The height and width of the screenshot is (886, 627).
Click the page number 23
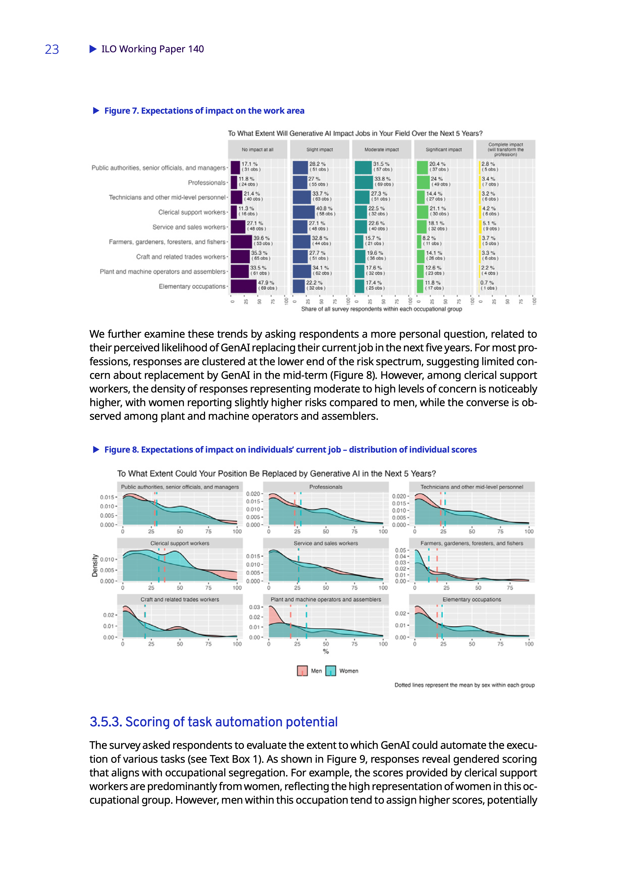[52, 50]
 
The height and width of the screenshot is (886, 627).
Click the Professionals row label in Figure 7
[206, 183]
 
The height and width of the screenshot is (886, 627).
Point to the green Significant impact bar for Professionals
[423, 182]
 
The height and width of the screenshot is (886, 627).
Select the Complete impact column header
[505, 149]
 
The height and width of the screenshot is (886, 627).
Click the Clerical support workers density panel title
[180, 543]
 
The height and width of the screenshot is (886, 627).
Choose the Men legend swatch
[302, 671]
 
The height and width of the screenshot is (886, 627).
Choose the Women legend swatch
[331, 671]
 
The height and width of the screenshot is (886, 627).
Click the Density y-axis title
[95, 565]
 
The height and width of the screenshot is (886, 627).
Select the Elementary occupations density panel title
[472, 599]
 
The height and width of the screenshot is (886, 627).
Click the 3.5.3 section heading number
[105, 722]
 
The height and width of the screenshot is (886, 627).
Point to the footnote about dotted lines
[465, 685]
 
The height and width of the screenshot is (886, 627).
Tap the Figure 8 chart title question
[276, 474]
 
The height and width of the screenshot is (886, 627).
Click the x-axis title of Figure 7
[381, 309]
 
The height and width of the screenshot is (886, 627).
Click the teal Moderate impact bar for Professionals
[363, 182]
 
